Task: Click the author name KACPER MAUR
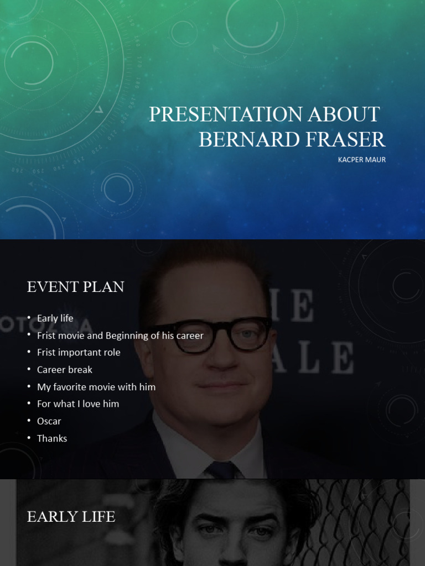(x=361, y=160)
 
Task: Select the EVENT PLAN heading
(x=75, y=287)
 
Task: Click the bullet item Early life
(x=55, y=318)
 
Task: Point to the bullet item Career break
(x=64, y=370)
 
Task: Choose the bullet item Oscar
(x=49, y=421)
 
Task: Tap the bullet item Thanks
(x=51, y=438)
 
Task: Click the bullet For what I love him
(x=77, y=404)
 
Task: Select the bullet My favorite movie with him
(x=96, y=387)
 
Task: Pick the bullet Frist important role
(x=78, y=353)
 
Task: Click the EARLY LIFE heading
(x=71, y=517)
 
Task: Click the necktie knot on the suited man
(x=223, y=470)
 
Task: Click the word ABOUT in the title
(x=343, y=114)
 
